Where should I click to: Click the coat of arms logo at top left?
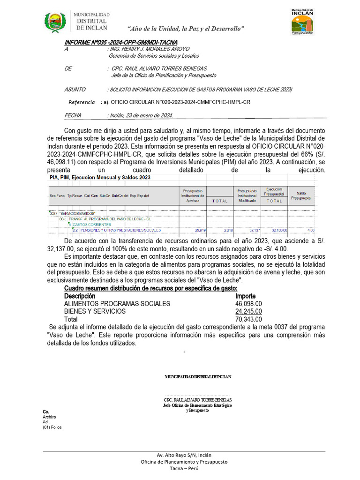pos(55,22)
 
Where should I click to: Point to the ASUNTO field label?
pos(75,89)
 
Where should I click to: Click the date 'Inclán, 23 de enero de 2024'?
pos(140,115)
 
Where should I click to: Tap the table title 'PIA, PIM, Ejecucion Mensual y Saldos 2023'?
pos(100,178)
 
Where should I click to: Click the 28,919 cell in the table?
pos(200,230)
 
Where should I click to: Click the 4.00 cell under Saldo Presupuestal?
pos(311,230)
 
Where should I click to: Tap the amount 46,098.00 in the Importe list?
pos(248,304)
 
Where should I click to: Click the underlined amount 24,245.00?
pos(248,311)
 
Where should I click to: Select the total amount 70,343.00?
pos(248,319)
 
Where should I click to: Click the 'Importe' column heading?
pos(245,296)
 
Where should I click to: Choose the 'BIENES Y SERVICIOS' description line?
pos(95,311)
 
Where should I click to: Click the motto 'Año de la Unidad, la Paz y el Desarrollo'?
pos(186,29)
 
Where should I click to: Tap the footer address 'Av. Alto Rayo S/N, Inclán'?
pos(184,455)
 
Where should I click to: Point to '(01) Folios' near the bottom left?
pos(52,427)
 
